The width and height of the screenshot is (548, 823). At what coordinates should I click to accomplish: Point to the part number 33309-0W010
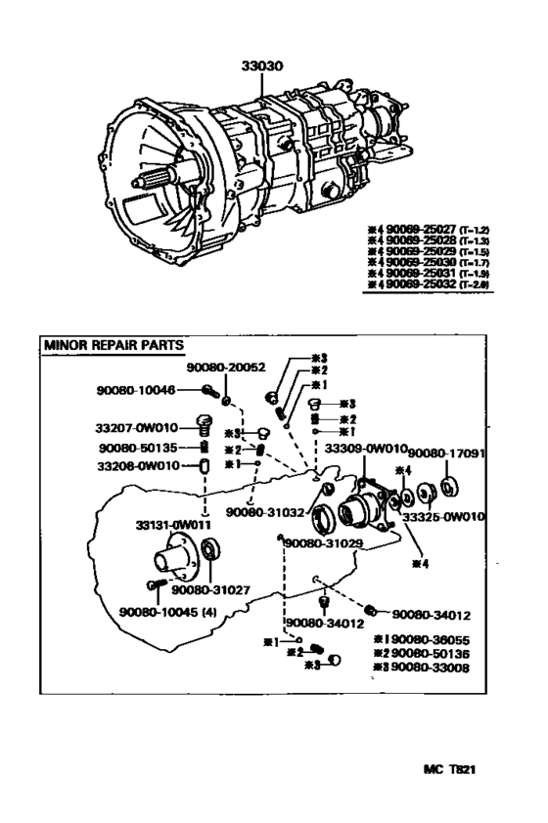tap(365, 450)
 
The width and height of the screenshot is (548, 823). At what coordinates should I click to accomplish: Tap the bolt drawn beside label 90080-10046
tap(208, 391)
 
